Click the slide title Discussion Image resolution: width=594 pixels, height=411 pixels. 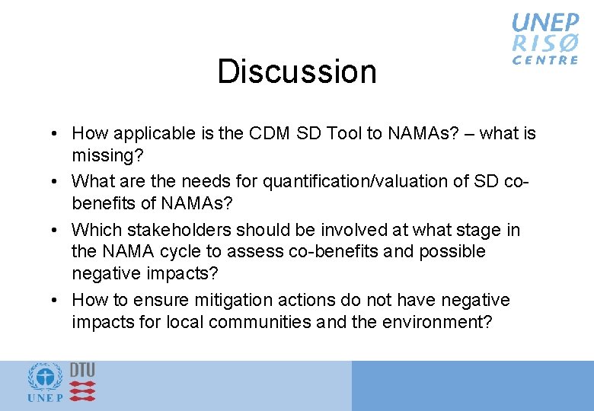(x=297, y=72)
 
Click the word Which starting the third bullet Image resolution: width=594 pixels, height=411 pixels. (x=95, y=230)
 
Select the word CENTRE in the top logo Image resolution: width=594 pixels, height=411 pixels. (x=545, y=60)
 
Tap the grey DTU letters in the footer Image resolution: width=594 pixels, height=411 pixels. (x=83, y=370)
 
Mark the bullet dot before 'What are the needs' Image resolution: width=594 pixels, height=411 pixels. (x=58, y=182)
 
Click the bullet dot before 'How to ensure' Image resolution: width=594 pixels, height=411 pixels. (x=58, y=301)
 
